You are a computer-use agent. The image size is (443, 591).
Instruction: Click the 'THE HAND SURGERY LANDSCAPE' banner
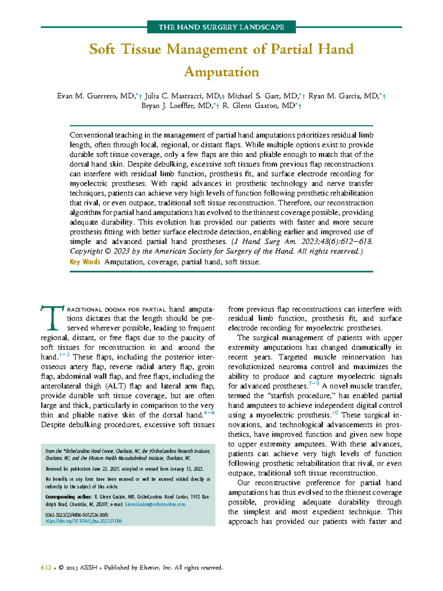[x=221, y=27]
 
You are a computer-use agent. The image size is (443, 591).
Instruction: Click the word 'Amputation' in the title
[x=221, y=72]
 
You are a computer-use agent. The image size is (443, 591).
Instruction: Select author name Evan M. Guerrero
[x=95, y=96]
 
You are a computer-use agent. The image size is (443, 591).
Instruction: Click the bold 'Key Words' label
[x=85, y=262]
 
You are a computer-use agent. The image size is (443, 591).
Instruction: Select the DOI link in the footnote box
[x=83, y=521]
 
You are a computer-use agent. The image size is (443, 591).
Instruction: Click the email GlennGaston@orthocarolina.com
[x=155, y=504]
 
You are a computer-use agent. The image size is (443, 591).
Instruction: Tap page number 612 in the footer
[x=46, y=567]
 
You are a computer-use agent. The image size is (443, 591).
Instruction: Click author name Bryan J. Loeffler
[x=176, y=106]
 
